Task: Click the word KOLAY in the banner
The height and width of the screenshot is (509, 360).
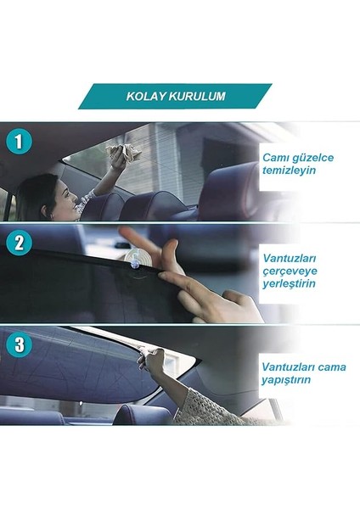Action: (145, 96)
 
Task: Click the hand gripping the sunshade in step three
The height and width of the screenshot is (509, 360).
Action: (153, 362)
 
